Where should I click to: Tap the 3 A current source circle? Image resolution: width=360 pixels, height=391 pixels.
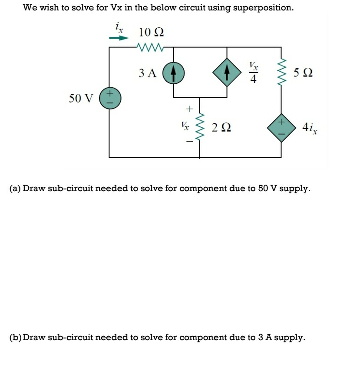(173, 73)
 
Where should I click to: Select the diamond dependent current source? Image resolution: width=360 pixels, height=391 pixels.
(226, 73)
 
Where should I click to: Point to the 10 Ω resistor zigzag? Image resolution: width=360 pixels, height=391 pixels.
(149, 46)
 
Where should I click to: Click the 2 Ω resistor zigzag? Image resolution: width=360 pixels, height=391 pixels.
(200, 127)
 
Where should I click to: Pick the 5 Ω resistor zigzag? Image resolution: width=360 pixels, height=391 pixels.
(281, 72)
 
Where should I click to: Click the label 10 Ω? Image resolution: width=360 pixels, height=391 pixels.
(151, 32)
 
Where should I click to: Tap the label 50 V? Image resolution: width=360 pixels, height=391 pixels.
(81, 99)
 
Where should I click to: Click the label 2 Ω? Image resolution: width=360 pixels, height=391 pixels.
(221, 128)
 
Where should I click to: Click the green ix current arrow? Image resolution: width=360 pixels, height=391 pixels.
(119, 38)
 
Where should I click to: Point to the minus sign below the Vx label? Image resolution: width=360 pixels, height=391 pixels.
(188, 141)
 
